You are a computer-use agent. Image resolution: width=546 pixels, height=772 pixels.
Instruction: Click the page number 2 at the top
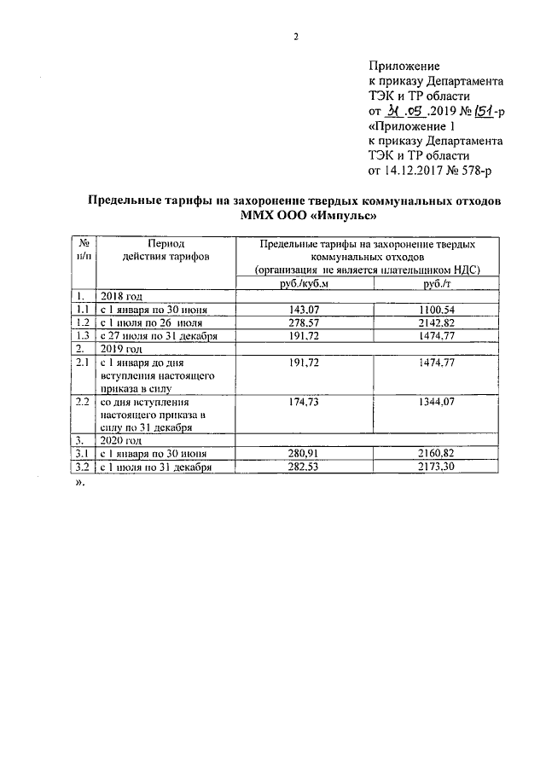pyautogui.click(x=295, y=36)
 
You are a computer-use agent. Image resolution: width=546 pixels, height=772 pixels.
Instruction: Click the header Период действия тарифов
pyautogui.click(x=165, y=249)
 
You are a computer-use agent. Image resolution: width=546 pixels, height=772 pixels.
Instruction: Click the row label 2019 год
pyautogui.click(x=122, y=349)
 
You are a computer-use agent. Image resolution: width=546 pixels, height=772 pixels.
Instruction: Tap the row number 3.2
pyautogui.click(x=83, y=467)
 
